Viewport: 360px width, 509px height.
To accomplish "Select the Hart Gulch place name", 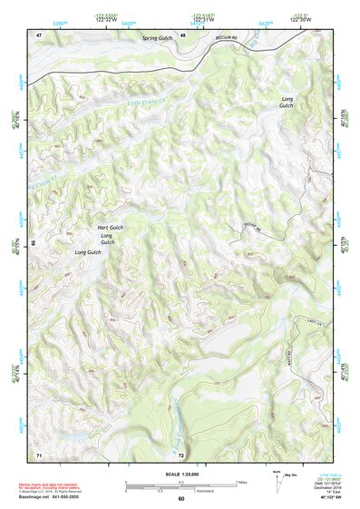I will [110, 227].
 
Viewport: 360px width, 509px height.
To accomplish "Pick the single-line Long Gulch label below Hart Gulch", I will [87, 251].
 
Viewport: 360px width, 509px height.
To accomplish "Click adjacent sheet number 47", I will [39, 34].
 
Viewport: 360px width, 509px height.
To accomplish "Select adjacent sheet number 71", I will [39, 453].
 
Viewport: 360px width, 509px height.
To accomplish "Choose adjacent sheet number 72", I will [181, 454].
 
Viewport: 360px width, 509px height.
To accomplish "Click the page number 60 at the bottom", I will [180, 499].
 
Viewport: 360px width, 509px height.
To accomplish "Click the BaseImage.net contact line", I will [54, 496].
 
